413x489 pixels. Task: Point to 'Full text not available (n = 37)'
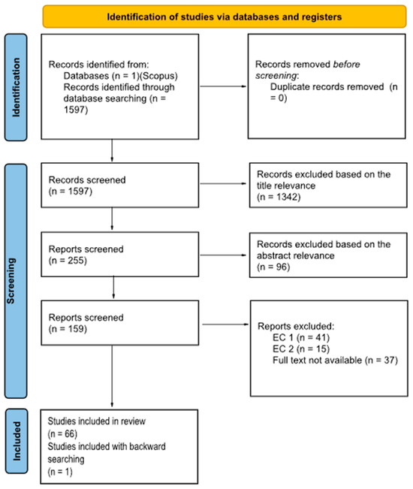[x=334, y=361]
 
